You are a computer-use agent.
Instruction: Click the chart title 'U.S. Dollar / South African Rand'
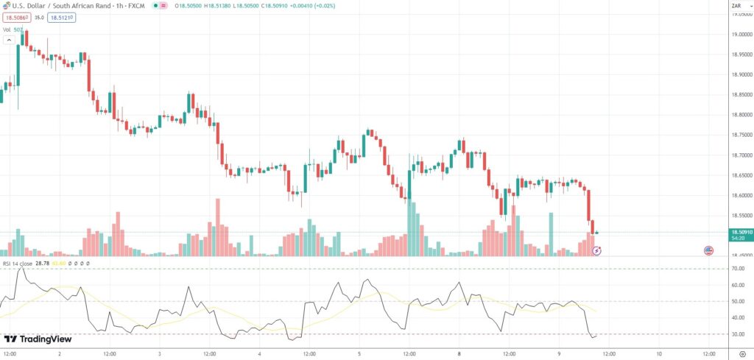[59, 6]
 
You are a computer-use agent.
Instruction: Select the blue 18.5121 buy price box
[62, 17]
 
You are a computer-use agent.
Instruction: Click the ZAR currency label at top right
[736, 6]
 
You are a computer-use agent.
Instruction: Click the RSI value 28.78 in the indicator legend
[46, 263]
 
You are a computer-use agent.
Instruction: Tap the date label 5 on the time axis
[359, 353]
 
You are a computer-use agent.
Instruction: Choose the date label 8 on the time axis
[459, 353]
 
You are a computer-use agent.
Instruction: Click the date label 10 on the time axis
[659, 353]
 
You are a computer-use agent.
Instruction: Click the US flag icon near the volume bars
[708, 251]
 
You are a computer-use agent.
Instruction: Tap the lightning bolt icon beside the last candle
[597, 251]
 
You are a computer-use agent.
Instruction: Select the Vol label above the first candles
[7, 29]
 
